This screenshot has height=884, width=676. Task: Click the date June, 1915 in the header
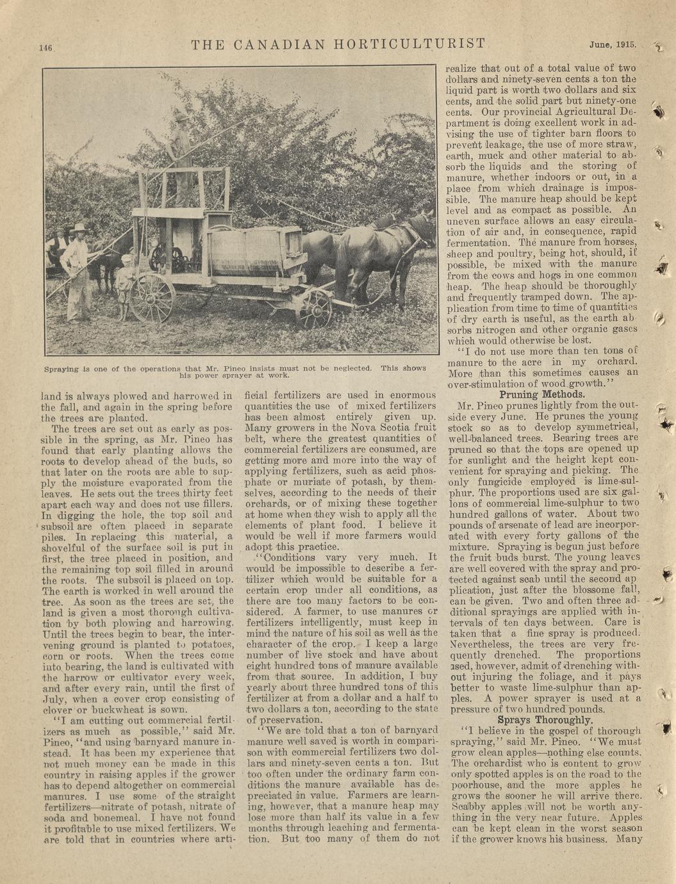(x=613, y=45)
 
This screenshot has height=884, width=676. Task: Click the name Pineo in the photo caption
(x=249, y=368)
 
